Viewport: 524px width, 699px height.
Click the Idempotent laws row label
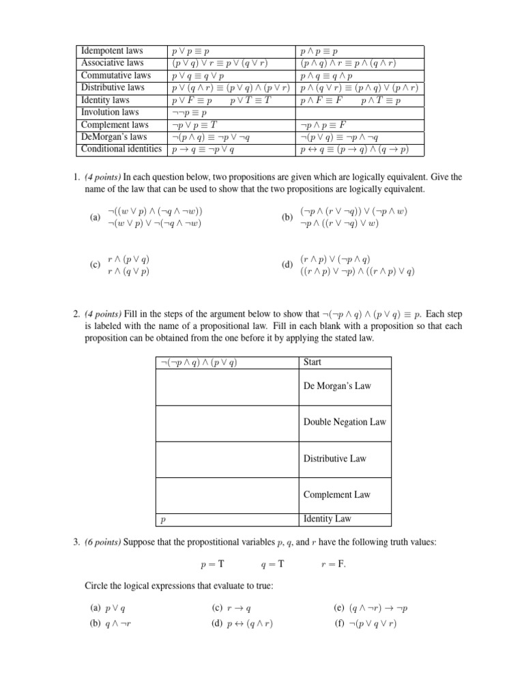pyautogui.click(x=112, y=51)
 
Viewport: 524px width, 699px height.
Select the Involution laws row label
pyautogui.click(x=110, y=112)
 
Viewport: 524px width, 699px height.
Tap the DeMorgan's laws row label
pyautogui.click(x=114, y=137)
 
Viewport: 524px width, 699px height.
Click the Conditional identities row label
pyautogui.click(x=121, y=149)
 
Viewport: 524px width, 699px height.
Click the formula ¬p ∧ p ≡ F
pyautogui.click(x=324, y=125)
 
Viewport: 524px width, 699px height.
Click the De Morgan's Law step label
pyautogui.click(x=337, y=386)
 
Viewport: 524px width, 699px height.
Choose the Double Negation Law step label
pyautogui.click(x=345, y=422)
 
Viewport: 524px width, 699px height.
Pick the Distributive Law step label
pyautogui.click(x=335, y=459)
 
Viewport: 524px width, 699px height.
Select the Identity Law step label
pyautogui.click(x=327, y=519)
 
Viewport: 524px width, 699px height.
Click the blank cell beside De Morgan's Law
pyautogui.click(x=227, y=386)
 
